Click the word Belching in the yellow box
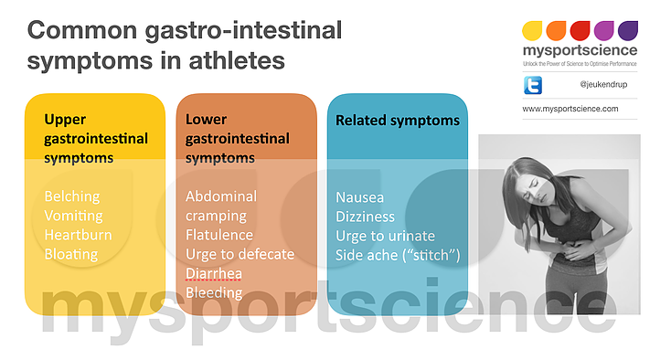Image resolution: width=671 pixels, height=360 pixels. click(x=72, y=196)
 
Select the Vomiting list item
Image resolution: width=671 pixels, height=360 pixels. click(x=74, y=216)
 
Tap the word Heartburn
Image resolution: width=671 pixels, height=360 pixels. click(x=78, y=235)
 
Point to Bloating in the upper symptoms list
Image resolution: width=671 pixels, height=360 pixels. click(x=71, y=254)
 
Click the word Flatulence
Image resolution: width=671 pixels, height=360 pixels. click(x=219, y=235)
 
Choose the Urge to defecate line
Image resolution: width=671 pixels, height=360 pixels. click(x=240, y=254)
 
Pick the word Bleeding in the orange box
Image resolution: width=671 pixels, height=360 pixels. click(x=214, y=292)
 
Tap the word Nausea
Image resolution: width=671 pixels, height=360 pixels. click(x=360, y=197)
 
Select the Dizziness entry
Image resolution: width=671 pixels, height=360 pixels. click(x=366, y=217)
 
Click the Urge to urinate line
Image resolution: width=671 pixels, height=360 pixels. click(x=385, y=236)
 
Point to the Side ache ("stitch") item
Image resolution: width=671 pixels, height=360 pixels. click(x=398, y=255)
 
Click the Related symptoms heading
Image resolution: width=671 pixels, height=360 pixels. click(x=398, y=121)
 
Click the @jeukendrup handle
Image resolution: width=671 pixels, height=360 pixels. click(x=602, y=85)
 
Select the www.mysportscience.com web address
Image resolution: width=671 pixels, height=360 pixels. click(x=570, y=109)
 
